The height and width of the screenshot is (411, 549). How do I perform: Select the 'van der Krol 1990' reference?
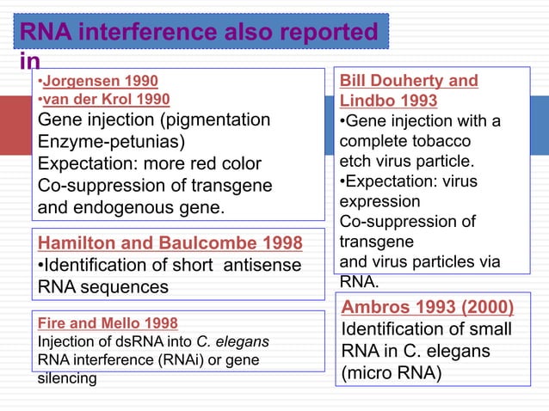click(104, 99)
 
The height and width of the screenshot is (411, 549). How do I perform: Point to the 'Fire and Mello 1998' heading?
click(108, 324)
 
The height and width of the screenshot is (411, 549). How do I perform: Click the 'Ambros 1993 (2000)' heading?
click(428, 308)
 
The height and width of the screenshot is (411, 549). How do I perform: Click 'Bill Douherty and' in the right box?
click(409, 82)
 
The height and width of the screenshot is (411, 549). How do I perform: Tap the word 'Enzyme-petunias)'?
click(110, 141)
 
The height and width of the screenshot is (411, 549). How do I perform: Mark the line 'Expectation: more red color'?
click(149, 163)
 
